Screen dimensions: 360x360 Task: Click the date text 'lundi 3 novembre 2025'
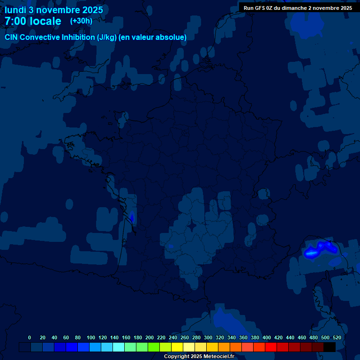[x=54, y=10]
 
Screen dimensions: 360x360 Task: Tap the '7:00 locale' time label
[x=33, y=21]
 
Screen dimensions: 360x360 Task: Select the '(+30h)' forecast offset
[x=81, y=21]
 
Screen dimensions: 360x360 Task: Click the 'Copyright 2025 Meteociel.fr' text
[x=199, y=357]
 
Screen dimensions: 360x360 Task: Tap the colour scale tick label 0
[x=30, y=337]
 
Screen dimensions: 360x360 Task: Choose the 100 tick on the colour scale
[x=91, y=337]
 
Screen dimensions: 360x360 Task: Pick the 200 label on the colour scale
[x=150, y=337]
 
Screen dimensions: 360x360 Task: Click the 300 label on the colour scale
[x=208, y=337]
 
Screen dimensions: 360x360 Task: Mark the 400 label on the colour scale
[x=267, y=337]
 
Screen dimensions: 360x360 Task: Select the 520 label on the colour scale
[x=337, y=337]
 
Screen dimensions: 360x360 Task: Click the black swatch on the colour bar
[x=330, y=347]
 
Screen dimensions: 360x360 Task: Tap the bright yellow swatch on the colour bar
[x=177, y=347]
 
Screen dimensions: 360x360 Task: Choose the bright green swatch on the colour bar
[x=154, y=347]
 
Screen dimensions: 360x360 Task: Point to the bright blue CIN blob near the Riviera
[x=311, y=253]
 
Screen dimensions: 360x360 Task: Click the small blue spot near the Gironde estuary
[x=132, y=217]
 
